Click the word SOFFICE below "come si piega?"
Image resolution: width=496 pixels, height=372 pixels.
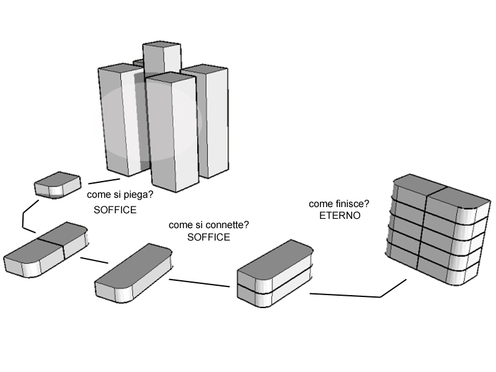115,210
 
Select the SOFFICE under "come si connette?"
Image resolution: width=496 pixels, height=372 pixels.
208,237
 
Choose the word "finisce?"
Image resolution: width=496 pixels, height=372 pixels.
353,204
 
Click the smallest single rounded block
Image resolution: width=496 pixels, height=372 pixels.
57,185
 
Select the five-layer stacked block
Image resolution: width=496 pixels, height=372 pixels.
434,236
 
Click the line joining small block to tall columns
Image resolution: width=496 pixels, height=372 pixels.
103,181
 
